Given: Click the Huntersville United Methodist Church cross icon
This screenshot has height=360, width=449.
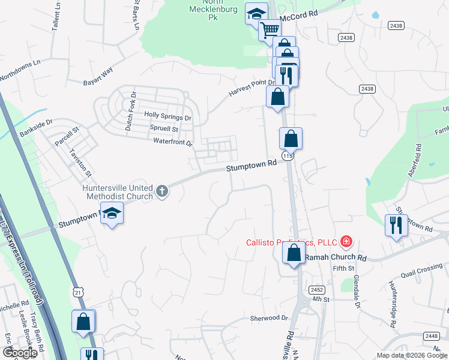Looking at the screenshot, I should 161,191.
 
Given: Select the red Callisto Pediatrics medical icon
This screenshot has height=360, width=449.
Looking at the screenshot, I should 346,242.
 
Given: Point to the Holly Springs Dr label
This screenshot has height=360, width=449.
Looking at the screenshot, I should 167,118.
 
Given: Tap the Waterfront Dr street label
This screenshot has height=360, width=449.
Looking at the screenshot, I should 173,143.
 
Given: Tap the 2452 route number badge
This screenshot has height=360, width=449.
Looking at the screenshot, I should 318,289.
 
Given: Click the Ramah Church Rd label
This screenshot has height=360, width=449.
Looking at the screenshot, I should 336,257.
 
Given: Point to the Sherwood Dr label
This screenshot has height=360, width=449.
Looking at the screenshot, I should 269,317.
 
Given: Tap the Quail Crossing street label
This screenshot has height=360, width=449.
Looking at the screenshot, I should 423,268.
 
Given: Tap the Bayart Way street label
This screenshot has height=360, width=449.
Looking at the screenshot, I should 98,75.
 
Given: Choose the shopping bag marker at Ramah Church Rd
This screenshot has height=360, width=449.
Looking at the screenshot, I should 294,253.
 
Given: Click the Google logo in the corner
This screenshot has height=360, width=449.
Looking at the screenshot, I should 20,353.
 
